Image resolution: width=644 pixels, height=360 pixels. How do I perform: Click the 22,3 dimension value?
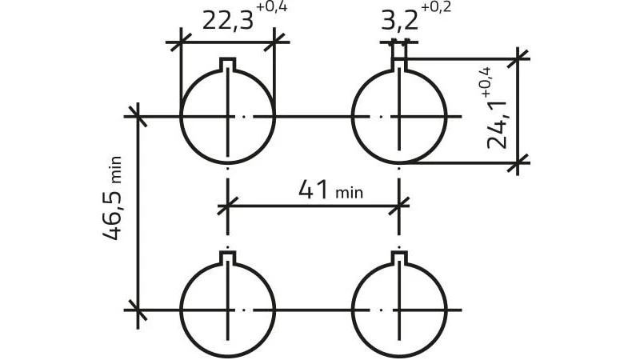[228, 22]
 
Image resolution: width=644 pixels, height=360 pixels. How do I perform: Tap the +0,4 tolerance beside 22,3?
[271, 8]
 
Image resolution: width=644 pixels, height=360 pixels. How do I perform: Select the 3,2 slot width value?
[399, 22]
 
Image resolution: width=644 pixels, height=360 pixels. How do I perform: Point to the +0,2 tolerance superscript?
[436, 8]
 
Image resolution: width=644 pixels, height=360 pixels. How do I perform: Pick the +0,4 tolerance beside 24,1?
[487, 82]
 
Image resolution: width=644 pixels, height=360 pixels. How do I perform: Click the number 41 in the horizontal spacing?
[314, 190]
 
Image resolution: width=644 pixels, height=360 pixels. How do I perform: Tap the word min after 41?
[349, 193]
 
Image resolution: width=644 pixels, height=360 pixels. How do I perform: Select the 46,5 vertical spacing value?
[112, 214]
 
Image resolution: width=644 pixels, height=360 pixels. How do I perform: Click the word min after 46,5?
[115, 170]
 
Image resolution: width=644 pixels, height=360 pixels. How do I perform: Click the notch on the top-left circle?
[227, 64]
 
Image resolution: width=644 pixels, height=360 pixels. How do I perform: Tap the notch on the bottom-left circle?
[227, 258]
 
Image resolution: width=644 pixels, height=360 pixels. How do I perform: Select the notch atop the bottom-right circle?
[399, 258]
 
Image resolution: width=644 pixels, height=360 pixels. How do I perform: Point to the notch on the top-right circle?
[399, 64]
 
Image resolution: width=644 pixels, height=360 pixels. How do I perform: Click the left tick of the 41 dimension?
[227, 206]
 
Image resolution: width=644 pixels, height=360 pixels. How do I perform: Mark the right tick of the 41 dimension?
[399, 206]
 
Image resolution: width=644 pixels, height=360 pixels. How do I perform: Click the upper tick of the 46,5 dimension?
[137, 117]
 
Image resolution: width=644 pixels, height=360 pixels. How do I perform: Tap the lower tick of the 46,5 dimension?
[137, 310]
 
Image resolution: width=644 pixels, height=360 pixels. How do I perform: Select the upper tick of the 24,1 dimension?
[518, 59]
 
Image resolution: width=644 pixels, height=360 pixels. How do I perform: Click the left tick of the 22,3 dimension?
[181, 42]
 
